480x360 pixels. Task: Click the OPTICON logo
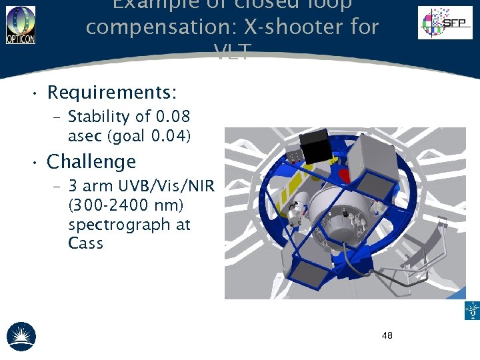pyautogui.click(x=20, y=25)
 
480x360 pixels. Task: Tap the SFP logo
pyautogui.click(x=445, y=23)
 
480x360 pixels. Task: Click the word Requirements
pyautogui.click(x=110, y=91)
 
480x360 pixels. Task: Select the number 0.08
pyautogui.click(x=173, y=117)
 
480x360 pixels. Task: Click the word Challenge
pyautogui.click(x=91, y=162)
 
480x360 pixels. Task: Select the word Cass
pyautogui.click(x=85, y=243)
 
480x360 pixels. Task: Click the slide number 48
pyautogui.click(x=387, y=335)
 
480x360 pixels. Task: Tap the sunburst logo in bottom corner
pyautogui.click(x=21, y=336)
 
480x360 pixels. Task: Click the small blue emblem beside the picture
pyautogui.click(x=472, y=311)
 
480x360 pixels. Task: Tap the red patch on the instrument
pyautogui.click(x=345, y=175)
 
